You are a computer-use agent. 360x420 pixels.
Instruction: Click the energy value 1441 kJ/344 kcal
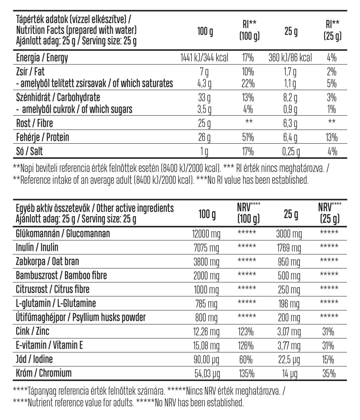tap(204, 58)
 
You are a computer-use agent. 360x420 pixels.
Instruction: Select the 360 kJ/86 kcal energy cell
tap(290, 58)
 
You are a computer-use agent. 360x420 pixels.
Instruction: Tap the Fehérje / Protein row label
tap(43, 137)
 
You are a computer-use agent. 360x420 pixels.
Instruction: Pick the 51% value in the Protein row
tap(248, 137)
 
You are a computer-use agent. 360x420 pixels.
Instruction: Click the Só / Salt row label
tap(30, 151)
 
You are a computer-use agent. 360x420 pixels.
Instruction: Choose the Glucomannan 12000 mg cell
tap(206, 234)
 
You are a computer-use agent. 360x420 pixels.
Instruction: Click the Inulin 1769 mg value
tap(289, 248)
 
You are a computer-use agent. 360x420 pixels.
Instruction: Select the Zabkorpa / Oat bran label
tap(47, 262)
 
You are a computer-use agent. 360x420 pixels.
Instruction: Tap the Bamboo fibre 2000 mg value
tap(206, 276)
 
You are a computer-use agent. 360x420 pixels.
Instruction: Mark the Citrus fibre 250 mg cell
tap(289, 290)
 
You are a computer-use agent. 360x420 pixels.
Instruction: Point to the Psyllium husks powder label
tap(81, 317)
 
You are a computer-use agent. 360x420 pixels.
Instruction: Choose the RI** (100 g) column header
tap(249, 31)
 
